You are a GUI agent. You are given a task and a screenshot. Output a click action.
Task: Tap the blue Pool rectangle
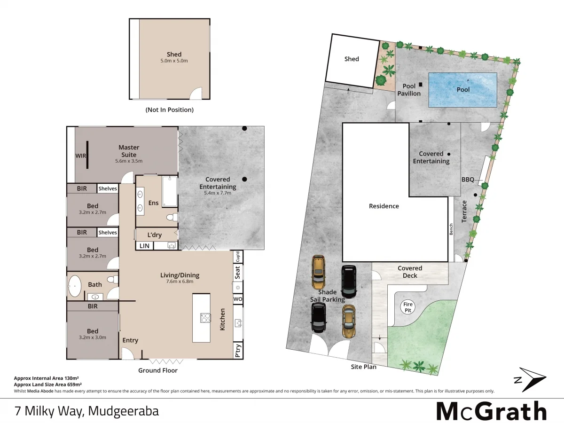[463, 89]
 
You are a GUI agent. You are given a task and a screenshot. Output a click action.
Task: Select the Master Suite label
[129, 151]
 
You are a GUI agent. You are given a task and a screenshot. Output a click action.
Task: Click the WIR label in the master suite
[81, 156]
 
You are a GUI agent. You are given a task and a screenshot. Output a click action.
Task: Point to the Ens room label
[154, 203]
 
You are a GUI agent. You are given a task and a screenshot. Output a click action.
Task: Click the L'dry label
[155, 235]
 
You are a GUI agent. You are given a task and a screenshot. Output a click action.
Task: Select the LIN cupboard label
[144, 245]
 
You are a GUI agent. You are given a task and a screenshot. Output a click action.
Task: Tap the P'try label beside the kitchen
[238, 351]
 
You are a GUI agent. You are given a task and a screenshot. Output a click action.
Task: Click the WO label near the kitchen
[238, 299]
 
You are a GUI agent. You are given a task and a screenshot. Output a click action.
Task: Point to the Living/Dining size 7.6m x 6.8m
[180, 282]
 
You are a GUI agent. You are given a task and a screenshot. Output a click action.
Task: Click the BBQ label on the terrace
[468, 180]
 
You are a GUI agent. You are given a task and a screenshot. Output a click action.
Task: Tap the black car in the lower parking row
[319, 317]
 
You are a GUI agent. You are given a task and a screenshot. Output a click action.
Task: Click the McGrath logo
[491, 411]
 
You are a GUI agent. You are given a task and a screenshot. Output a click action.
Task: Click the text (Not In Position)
[170, 110]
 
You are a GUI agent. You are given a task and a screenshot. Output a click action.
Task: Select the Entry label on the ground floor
[130, 340]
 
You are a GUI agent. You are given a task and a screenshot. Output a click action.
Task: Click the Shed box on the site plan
[352, 60]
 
